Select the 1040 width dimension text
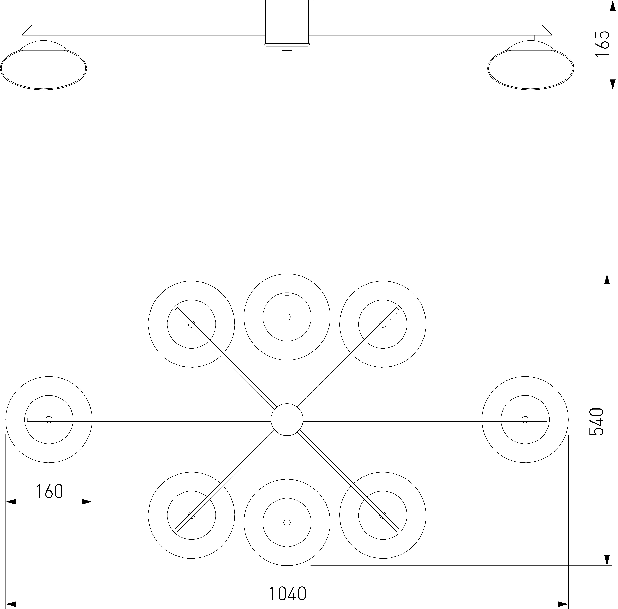(288, 594)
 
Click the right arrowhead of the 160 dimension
(87, 502)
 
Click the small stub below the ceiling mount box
(287, 48)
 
